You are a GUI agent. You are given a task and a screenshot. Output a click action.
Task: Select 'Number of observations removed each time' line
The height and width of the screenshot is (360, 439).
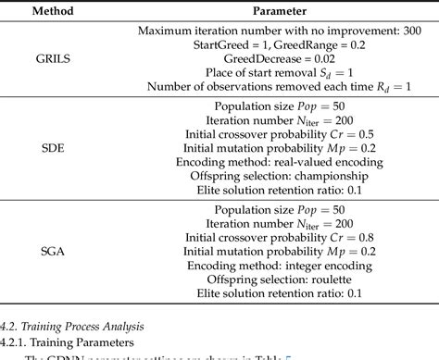260,88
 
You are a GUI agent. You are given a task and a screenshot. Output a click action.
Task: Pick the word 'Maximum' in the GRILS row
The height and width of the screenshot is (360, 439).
167,31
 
